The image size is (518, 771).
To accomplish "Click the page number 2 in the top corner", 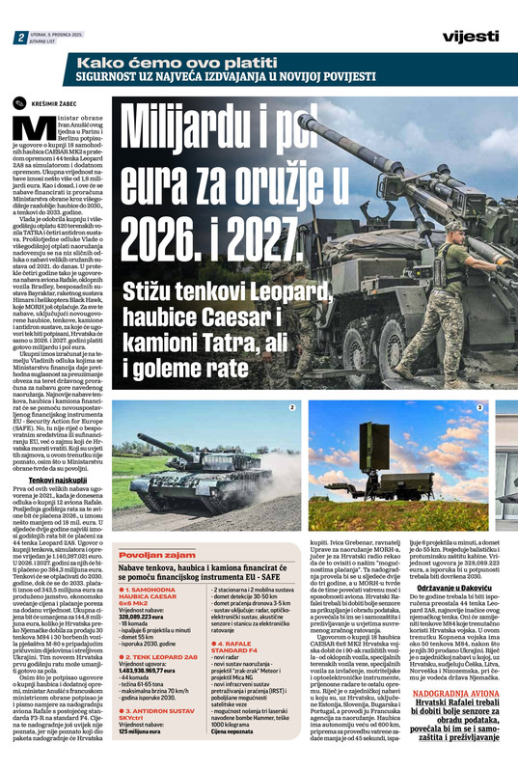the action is pyautogui.click(x=19, y=37).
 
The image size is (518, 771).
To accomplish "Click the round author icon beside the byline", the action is pyautogui.click(x=16, y=100).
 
